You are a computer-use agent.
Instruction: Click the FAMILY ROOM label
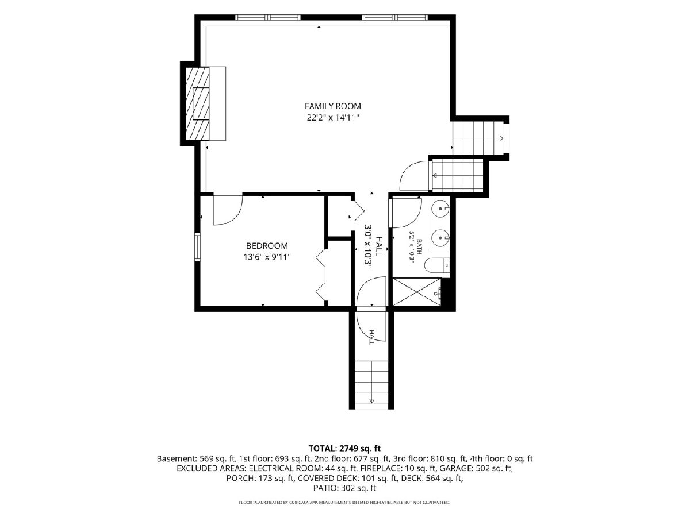click(x=333, y=106)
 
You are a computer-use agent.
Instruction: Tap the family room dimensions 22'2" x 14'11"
click(x=333, y=118)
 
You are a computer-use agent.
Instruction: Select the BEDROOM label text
click(x=267, y=245)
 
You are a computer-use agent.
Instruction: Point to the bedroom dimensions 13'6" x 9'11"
click(x=267, y=257)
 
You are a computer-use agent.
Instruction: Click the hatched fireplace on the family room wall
click(x=197, y=103)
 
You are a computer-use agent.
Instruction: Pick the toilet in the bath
click(x=436, y=266)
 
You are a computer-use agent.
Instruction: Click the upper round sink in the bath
click(x=440, y=208)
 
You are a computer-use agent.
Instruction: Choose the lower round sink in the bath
click(x=440, y=238)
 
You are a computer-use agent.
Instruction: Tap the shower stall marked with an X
click(x=417, y=292)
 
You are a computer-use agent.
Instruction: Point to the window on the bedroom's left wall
click(x=197, y=247)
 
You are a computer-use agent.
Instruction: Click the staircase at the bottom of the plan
click(x=371, y=385)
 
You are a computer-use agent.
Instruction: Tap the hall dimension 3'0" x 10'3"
click(x=368, y=246)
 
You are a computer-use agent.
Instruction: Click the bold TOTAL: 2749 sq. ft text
click(x=345, y=448)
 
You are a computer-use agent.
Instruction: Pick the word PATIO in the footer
click(x=325, y=488)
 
